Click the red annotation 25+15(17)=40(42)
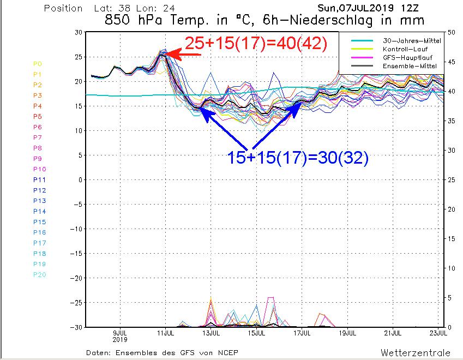coord(256,44)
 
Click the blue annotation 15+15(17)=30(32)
coord(298,158)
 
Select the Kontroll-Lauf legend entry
coord(405,49)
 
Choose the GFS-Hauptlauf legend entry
coord(405,57)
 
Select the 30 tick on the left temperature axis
coord(78,33)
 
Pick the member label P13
coord(39,201)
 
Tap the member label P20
coord(39,274)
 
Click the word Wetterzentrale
coord(416,352)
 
